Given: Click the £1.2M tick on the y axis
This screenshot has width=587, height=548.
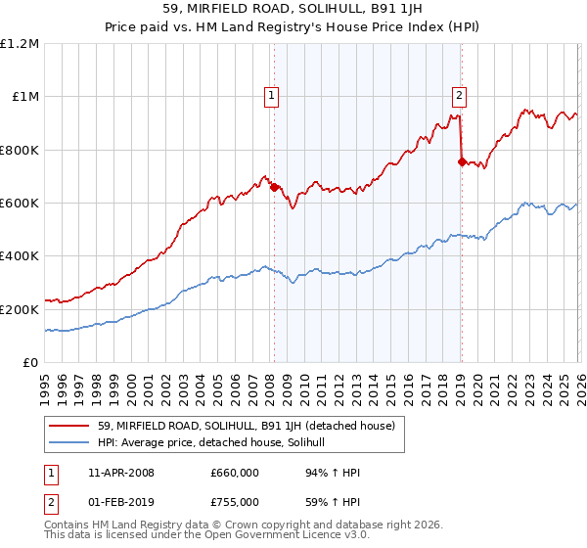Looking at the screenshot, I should [22, 43].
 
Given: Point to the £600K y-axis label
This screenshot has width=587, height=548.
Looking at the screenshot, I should [20, 203].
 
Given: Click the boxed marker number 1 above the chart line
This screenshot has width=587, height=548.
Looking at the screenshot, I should [270, 95].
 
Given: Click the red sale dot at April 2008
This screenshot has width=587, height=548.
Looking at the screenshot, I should [274, 187].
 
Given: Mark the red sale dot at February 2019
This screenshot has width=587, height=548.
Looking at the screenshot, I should [461, 161].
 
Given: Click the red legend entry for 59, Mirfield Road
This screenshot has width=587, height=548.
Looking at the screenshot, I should [245, 426].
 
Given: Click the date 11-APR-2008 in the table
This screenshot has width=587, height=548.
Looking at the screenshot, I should [121, 473].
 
